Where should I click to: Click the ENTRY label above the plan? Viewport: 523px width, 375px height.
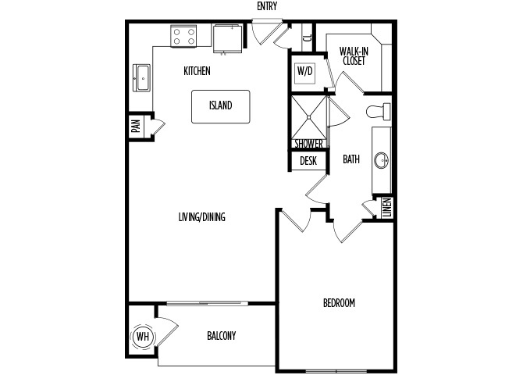pyautogui.click(x=267, y=6)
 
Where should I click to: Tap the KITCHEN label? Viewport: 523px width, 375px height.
pyautogui.click(x=197, y=71)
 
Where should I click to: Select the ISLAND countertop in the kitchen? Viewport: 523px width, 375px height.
pyautogui.click(x=220, y=106)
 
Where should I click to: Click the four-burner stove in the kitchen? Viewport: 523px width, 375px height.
pyautogui.click(x=183, y=37)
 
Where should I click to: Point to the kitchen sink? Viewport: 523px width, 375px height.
pyautogui.click(x=142, y=78)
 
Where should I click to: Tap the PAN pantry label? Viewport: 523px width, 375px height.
pyautogui.click(x=136, y=126)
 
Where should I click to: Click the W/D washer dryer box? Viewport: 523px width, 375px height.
pyautogui.click(x=305, y=71)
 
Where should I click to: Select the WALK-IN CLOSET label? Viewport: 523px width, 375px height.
pyautogui.click(x=354, y=56)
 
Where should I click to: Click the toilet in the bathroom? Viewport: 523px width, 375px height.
pyautogui.click(x=379, y=112)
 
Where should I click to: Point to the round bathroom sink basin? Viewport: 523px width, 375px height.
pyautogui.click(x=381, y=161)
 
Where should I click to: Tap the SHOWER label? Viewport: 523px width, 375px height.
pyautogui.click(x=309, y=144)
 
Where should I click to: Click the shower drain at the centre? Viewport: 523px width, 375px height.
pyautogui.click(x=309, y=117)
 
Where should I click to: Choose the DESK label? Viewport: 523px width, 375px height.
pyautogui.click(x=308, y=161)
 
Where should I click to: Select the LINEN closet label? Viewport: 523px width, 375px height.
pyautogui.click(x=387, y=208)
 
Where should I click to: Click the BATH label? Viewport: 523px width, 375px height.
pyautogui.click(x=351, y=159)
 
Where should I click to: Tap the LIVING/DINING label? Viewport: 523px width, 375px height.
pyautogui.click(x=202, y=217)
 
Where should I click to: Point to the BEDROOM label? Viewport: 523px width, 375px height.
pyautogui.click(x=339, y=303)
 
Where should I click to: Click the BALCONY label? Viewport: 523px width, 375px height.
pyautogui.click(x=222, y=335)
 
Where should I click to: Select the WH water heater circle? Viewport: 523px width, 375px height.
pyautogui.click(x=143, y=337)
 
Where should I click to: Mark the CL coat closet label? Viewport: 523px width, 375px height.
pyautogui.click(x=308, y=37)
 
